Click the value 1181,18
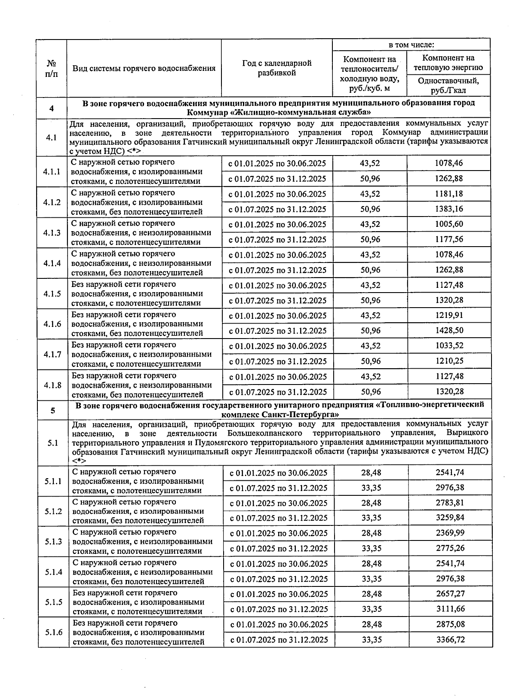click(449, 194)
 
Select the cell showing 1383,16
click(449, 209)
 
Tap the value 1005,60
click(449, 224)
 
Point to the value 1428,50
click(449, 331)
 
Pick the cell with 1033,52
click(449, 346)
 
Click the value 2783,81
click(450, 503)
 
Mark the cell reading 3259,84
click(450, 518)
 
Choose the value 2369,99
click(450, 533)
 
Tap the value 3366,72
click(450, 640)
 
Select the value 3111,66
click(450, 609)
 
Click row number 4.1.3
click(52, 233)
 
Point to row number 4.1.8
click(52, 385)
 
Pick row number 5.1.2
click(53, 511)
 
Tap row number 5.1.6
click(53, 632)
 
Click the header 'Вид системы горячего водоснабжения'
click(144, 68)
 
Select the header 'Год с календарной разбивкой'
click(276, 68)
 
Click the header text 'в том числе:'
click(411, 45)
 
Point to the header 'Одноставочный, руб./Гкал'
click(448, 85)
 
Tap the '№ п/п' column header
click(51, 68)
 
